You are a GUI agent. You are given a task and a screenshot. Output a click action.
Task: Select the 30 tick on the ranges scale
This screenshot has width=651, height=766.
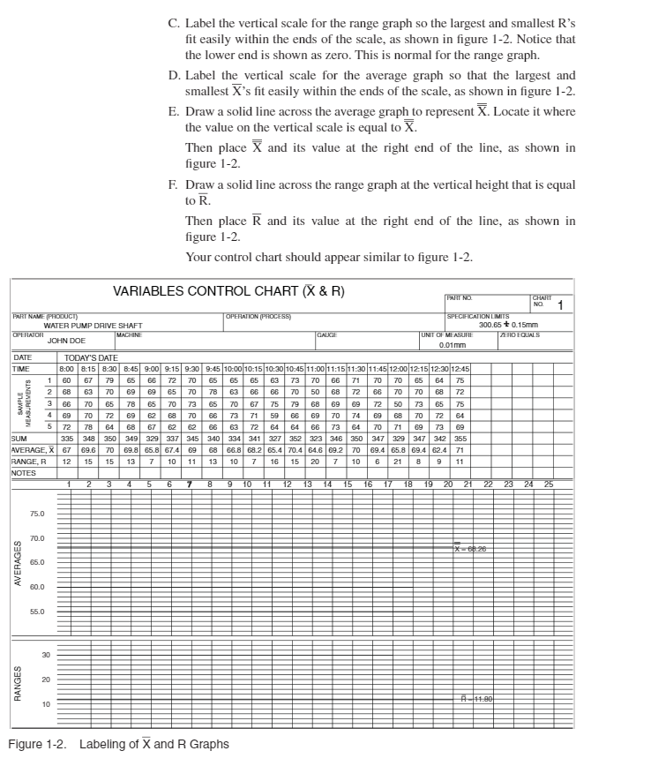pos(46,654)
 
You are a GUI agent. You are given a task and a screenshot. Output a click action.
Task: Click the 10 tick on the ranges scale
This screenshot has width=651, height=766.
pos(46,703)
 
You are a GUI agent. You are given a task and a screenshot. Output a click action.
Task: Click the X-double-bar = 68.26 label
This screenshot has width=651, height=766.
pos(470,548)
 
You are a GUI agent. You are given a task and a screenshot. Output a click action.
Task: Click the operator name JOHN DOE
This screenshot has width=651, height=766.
pos(66,340)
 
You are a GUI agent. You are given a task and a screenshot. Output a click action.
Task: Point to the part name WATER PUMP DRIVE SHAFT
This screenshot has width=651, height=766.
pos(93,326)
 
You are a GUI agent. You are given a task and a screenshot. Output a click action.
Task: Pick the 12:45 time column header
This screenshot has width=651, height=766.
pos(459,367)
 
